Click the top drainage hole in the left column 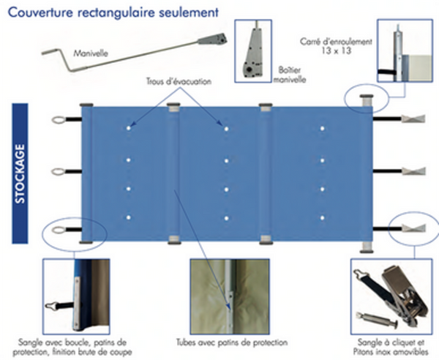click(x=129, y=129)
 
